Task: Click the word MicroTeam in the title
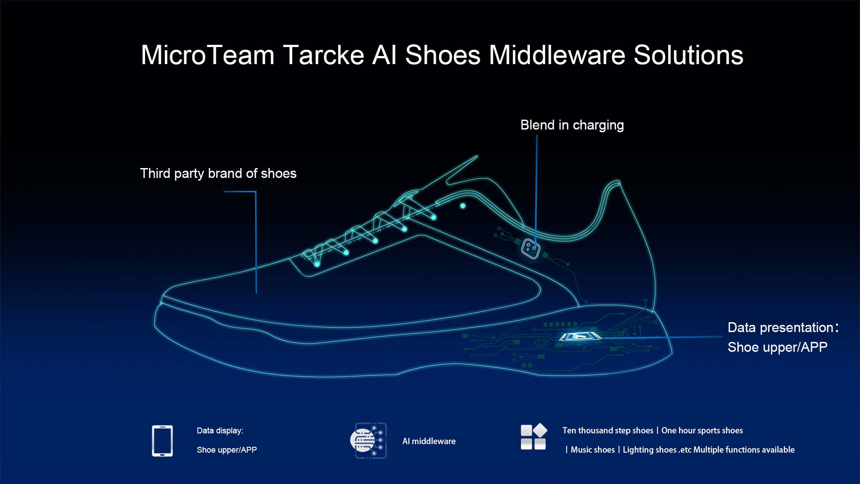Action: click(207, 55)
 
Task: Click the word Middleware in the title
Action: click(557, 55)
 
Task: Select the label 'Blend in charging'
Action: click(572, 125)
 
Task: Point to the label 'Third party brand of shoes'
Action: click(218, 173)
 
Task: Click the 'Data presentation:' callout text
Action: click(783, 328)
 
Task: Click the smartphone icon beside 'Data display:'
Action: click(162, 441)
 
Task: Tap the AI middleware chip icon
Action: click(368, 441)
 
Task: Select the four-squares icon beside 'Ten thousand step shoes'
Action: click(533, 436)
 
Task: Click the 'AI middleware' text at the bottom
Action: click(429, 441)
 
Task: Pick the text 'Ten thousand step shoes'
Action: click(608, 431)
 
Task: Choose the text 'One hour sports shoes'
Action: click(702, 431)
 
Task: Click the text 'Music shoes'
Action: click(593, 450)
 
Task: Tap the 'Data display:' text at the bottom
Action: click(220, 431)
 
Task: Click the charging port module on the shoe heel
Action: click(531, 248)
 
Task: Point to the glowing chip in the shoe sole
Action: click(580, 336)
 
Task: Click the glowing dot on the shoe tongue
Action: click(463, 206)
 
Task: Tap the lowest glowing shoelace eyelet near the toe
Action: click(317, 264)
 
